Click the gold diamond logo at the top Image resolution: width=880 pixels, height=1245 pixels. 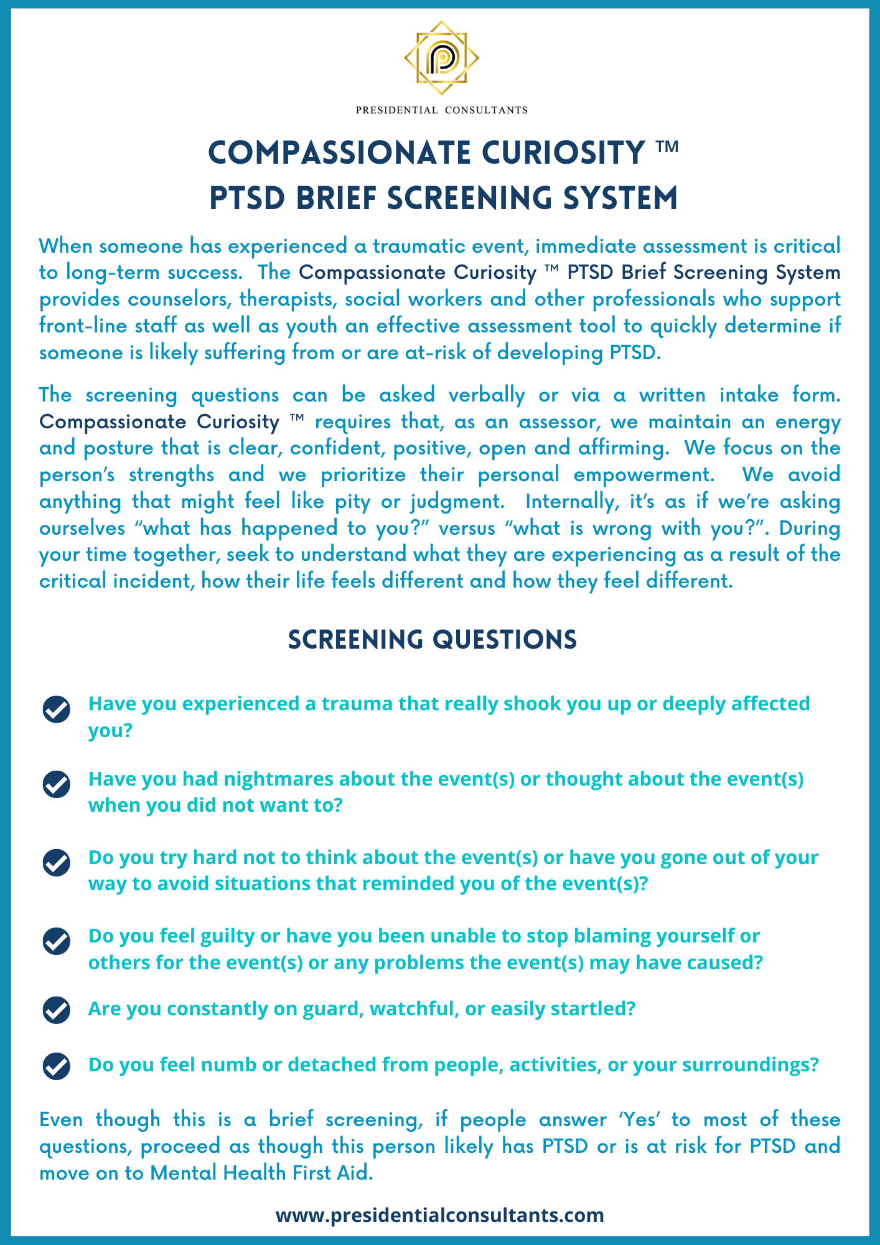tap(441, 58)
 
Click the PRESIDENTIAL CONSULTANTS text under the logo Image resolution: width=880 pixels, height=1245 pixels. tap(441, 110)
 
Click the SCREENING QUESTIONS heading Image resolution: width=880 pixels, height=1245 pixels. tap(433, 639)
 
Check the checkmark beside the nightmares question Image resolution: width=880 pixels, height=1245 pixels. tap(56, 784)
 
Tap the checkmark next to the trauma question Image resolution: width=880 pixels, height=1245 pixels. tap(56, 709)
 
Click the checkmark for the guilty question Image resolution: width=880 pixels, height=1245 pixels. tap(56, 941)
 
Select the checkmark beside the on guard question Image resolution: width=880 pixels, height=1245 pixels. tap(56, 1010)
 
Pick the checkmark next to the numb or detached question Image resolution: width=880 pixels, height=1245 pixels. tap(56, 1066)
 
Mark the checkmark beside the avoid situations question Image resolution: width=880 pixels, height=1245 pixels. tap(56, 863)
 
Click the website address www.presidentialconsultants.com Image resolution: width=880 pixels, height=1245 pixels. tap(439, 1214)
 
